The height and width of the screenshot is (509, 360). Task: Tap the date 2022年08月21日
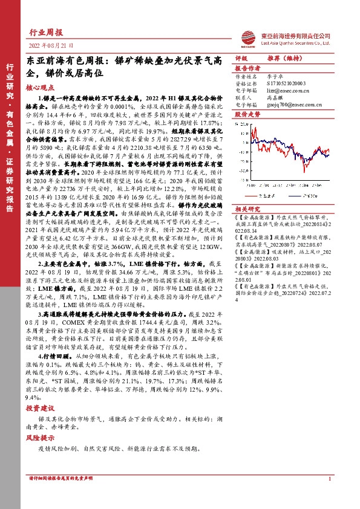51,45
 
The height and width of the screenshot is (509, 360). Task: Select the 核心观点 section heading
39,87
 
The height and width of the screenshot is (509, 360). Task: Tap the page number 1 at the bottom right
329,495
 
